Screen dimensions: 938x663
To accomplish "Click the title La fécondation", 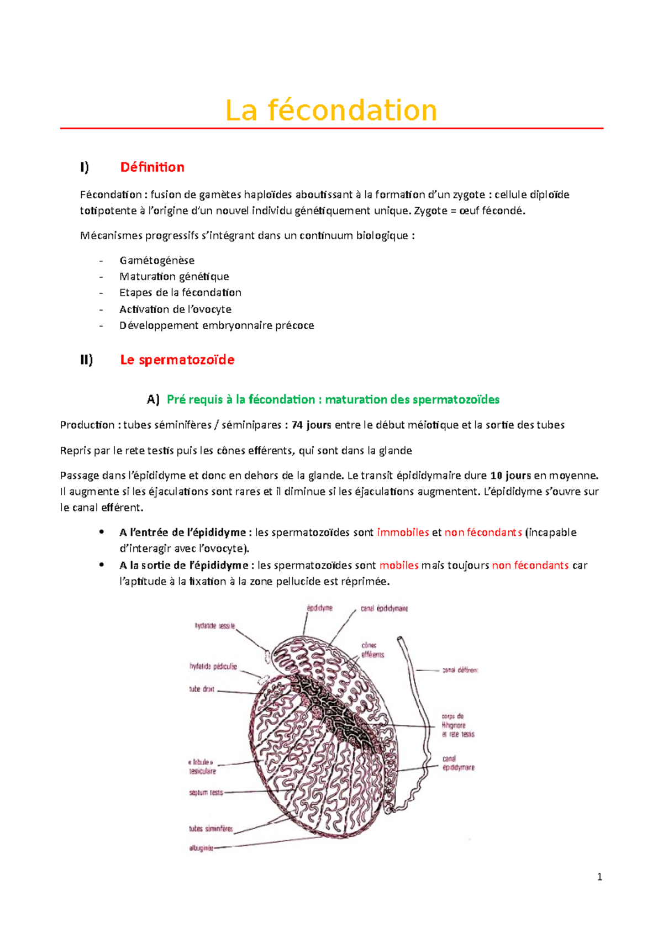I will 331,110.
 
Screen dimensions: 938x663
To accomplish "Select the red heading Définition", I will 152,167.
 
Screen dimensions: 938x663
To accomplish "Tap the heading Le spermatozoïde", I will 177,360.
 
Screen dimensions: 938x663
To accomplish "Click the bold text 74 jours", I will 311,425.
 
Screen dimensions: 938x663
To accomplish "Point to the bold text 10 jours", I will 510,475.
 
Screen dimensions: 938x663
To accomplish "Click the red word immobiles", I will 403,532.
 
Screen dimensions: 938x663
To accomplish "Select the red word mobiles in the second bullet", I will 399,565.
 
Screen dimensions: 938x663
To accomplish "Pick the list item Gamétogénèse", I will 157,260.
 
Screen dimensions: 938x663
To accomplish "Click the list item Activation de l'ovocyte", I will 175,309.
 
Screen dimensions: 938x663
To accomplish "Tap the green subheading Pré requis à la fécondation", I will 333,399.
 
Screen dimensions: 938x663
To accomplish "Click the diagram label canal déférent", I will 460,670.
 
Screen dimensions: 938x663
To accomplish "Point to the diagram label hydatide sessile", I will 214,626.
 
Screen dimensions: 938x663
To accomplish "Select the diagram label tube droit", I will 202,689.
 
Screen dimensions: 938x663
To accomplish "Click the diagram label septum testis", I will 206,793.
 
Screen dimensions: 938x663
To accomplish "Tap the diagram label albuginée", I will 201,848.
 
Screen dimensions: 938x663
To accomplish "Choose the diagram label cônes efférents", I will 372,650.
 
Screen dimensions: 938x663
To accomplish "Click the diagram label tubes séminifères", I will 211,829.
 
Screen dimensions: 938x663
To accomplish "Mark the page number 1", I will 599,877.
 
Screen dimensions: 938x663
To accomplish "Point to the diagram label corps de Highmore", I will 454,721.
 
